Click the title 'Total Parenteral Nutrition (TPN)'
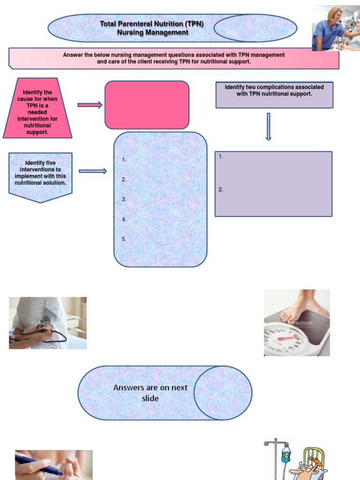pos(151,23)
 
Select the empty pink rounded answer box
pos(147,105)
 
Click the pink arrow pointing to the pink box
pos(90,105)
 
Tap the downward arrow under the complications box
pos(269,127)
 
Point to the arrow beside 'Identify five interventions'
pos(93,171)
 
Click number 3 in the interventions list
pos(124,199)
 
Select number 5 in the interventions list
pos(124,239)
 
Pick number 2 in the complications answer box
pos(221,189)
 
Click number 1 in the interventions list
pos(124,159)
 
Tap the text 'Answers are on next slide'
pos(150,393)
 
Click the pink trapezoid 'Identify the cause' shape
pos(37,108)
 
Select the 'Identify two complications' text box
pos(274,95)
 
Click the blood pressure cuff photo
pos(48,323)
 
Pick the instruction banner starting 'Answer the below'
pos(174,58)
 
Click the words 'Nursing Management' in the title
pos(152,32)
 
